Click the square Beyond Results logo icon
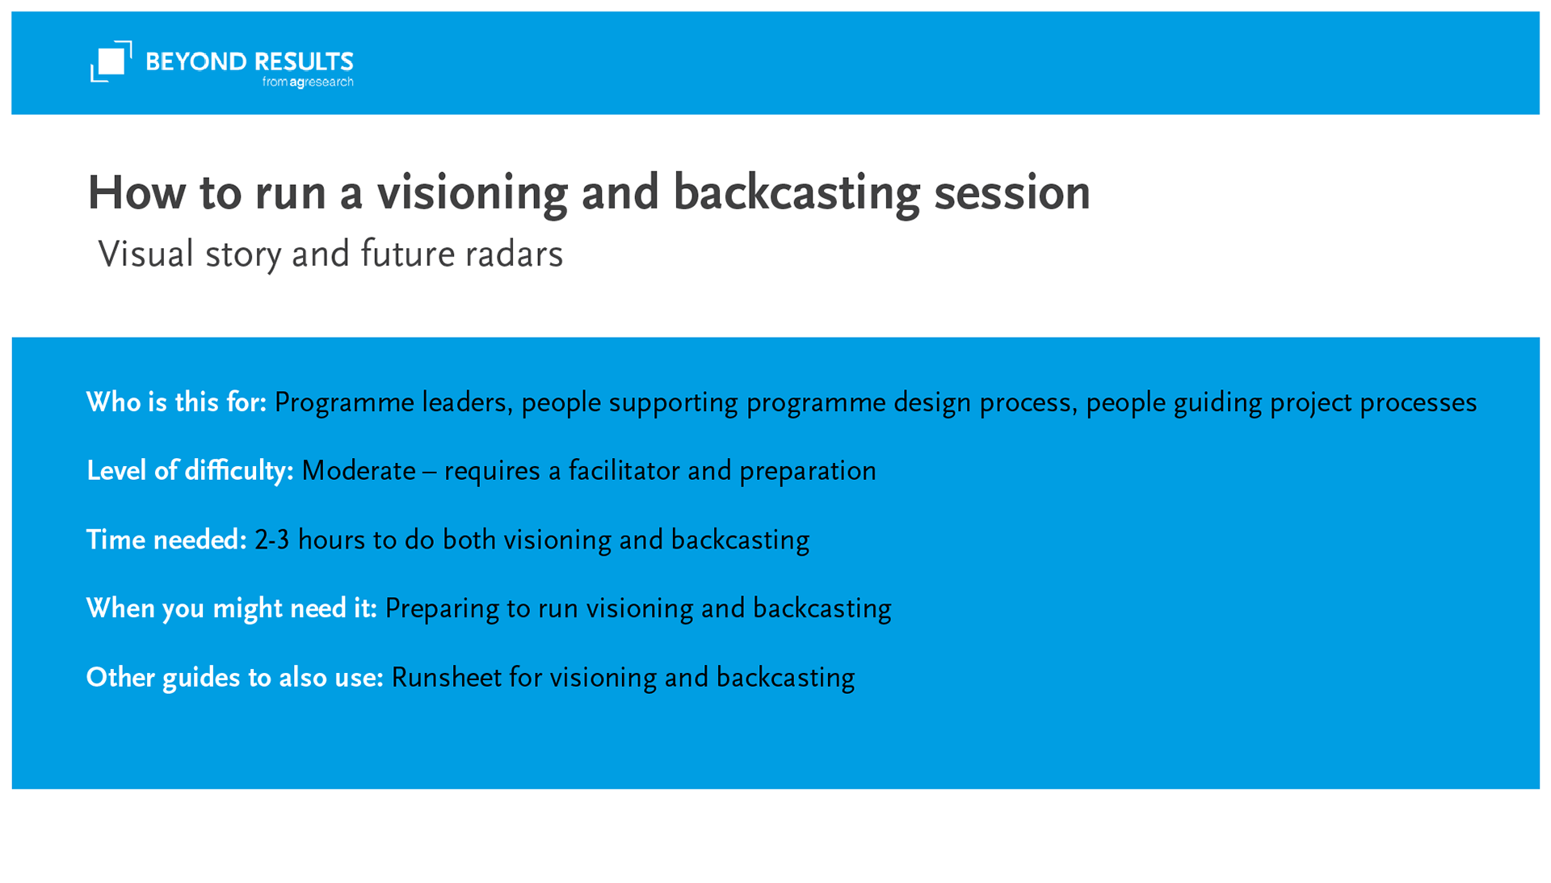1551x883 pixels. tap(111, 61)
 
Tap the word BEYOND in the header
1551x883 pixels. tap(196, 62)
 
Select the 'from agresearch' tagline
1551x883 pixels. tap(308, 82)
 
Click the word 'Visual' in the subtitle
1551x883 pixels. tap(146, 254)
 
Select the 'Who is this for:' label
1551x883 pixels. tap(176, 402)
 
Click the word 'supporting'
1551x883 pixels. tap(673, 403)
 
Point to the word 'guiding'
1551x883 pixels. tap(1217, 403)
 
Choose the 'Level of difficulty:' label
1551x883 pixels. tap(190, 471)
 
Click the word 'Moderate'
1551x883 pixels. tap(359, 471)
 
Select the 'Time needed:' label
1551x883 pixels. tap(166, 540)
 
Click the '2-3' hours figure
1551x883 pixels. tap(272, 540)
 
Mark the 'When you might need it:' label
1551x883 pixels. tap(232, 608)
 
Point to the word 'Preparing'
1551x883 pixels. tap(442, 609)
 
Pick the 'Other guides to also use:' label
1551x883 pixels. tap(235, 677)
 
